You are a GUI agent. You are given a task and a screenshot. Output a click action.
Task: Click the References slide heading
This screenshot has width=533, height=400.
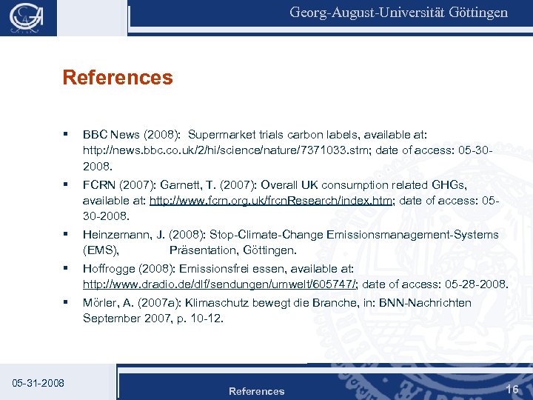[x=118, y=78]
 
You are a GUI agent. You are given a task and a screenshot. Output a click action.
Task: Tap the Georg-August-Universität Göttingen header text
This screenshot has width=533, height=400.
[x=398, y=13]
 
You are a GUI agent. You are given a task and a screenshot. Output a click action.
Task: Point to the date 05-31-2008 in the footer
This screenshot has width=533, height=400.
[x=38, y=383]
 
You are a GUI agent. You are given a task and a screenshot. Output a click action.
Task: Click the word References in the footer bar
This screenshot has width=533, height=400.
[x=256, y=391]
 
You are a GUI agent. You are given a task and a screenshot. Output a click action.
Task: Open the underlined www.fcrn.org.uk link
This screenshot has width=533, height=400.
[x=270, y=201]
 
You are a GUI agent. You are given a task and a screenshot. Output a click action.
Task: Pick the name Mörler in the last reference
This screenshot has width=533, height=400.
[x=102, y=302]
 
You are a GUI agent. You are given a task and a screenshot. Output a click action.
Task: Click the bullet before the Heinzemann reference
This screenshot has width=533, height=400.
[x=67, y=234]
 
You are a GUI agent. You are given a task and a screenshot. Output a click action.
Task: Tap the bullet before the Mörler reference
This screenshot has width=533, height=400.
[x=67, y=301]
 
